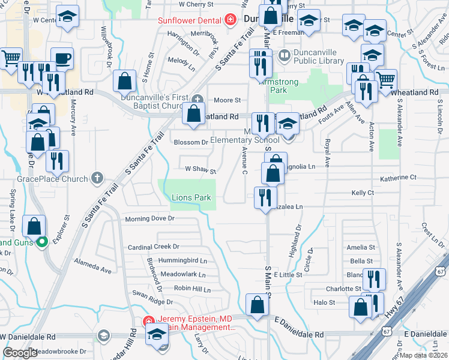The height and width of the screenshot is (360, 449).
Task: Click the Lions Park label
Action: click(191, 197)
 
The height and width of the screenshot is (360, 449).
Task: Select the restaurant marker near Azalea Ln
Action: click(265, 197)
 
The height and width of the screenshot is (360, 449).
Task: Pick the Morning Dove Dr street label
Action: click(149, 219)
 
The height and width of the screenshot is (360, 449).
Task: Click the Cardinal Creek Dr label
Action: click(154, 247)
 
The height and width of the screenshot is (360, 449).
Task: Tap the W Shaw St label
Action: click(200, 170)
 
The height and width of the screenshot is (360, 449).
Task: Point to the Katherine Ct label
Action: click(398, 178)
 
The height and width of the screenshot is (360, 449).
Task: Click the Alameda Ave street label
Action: click(92, 266)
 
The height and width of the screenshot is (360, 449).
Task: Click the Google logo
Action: click(20, 352)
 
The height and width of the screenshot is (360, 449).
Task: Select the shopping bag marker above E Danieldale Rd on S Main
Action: click(257, 305)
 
